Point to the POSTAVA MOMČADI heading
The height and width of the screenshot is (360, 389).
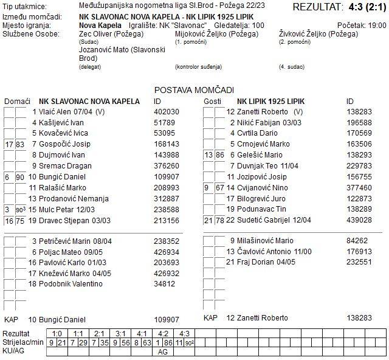pyautogui.click(x=194, y=90)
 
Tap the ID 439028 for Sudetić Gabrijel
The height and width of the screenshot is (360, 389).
pyautogui.click(x=359, y=220)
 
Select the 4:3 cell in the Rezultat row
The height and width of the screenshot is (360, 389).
pyautogui.click(x=184, y=333)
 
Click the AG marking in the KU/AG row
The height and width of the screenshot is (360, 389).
pyautogui.click(x=163, y=351)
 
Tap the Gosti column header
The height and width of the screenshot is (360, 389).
pyautogui.click(x=212, y=101)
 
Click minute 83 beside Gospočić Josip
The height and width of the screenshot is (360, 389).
pyautogui.click(x=20, y=144)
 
